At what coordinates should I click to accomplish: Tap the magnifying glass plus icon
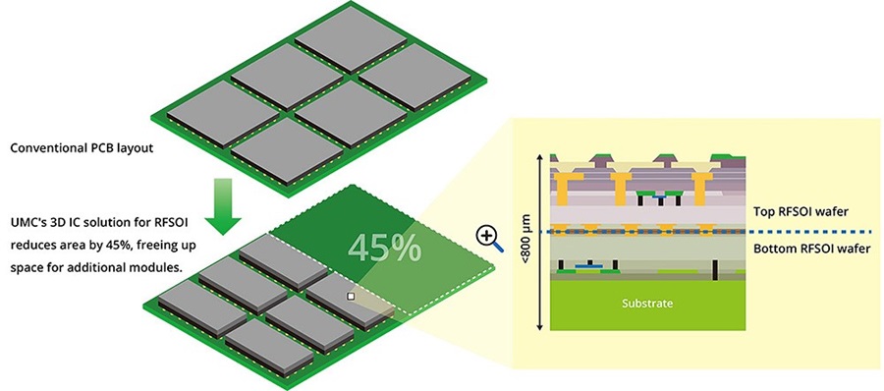pos(486,236)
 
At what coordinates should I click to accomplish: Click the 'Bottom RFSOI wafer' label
pos(810,250)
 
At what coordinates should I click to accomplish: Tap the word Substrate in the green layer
pos(647,304)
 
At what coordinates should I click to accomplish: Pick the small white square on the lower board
pos(350,294)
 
